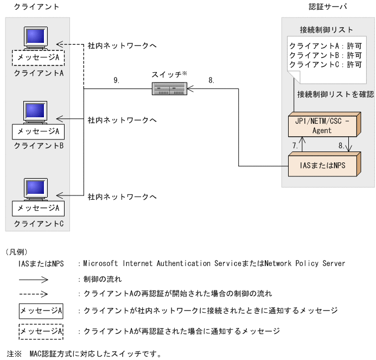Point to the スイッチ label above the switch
click(168, 73)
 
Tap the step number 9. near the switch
click(116, 80)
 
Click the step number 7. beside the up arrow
click(295, 146)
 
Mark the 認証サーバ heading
click(327, 7)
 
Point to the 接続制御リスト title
click(327, 29)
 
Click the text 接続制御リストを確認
click(335, 94)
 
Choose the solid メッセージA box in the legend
click(41, 311)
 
